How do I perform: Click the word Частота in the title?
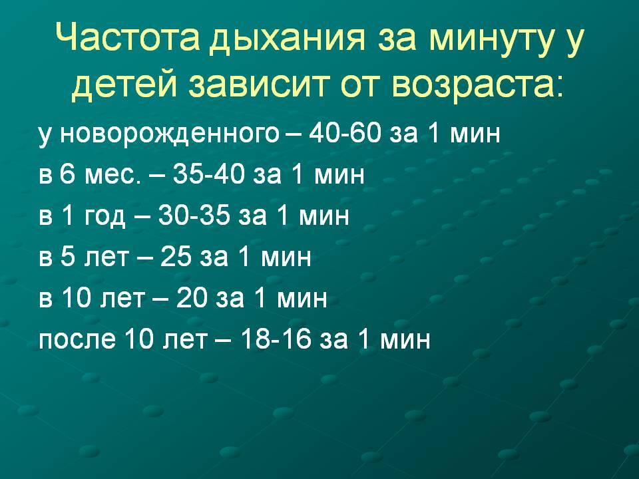[127, 37]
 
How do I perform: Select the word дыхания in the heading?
[287, 40]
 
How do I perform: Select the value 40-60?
[344, 133]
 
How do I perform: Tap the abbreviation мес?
[112, 175]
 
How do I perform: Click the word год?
[105, 216]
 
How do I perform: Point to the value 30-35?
[194, 215]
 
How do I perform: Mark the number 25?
[176, 257]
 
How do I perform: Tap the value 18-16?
[276, 339]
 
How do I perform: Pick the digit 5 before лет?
[68, 257]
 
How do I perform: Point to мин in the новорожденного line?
[475, 134]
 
